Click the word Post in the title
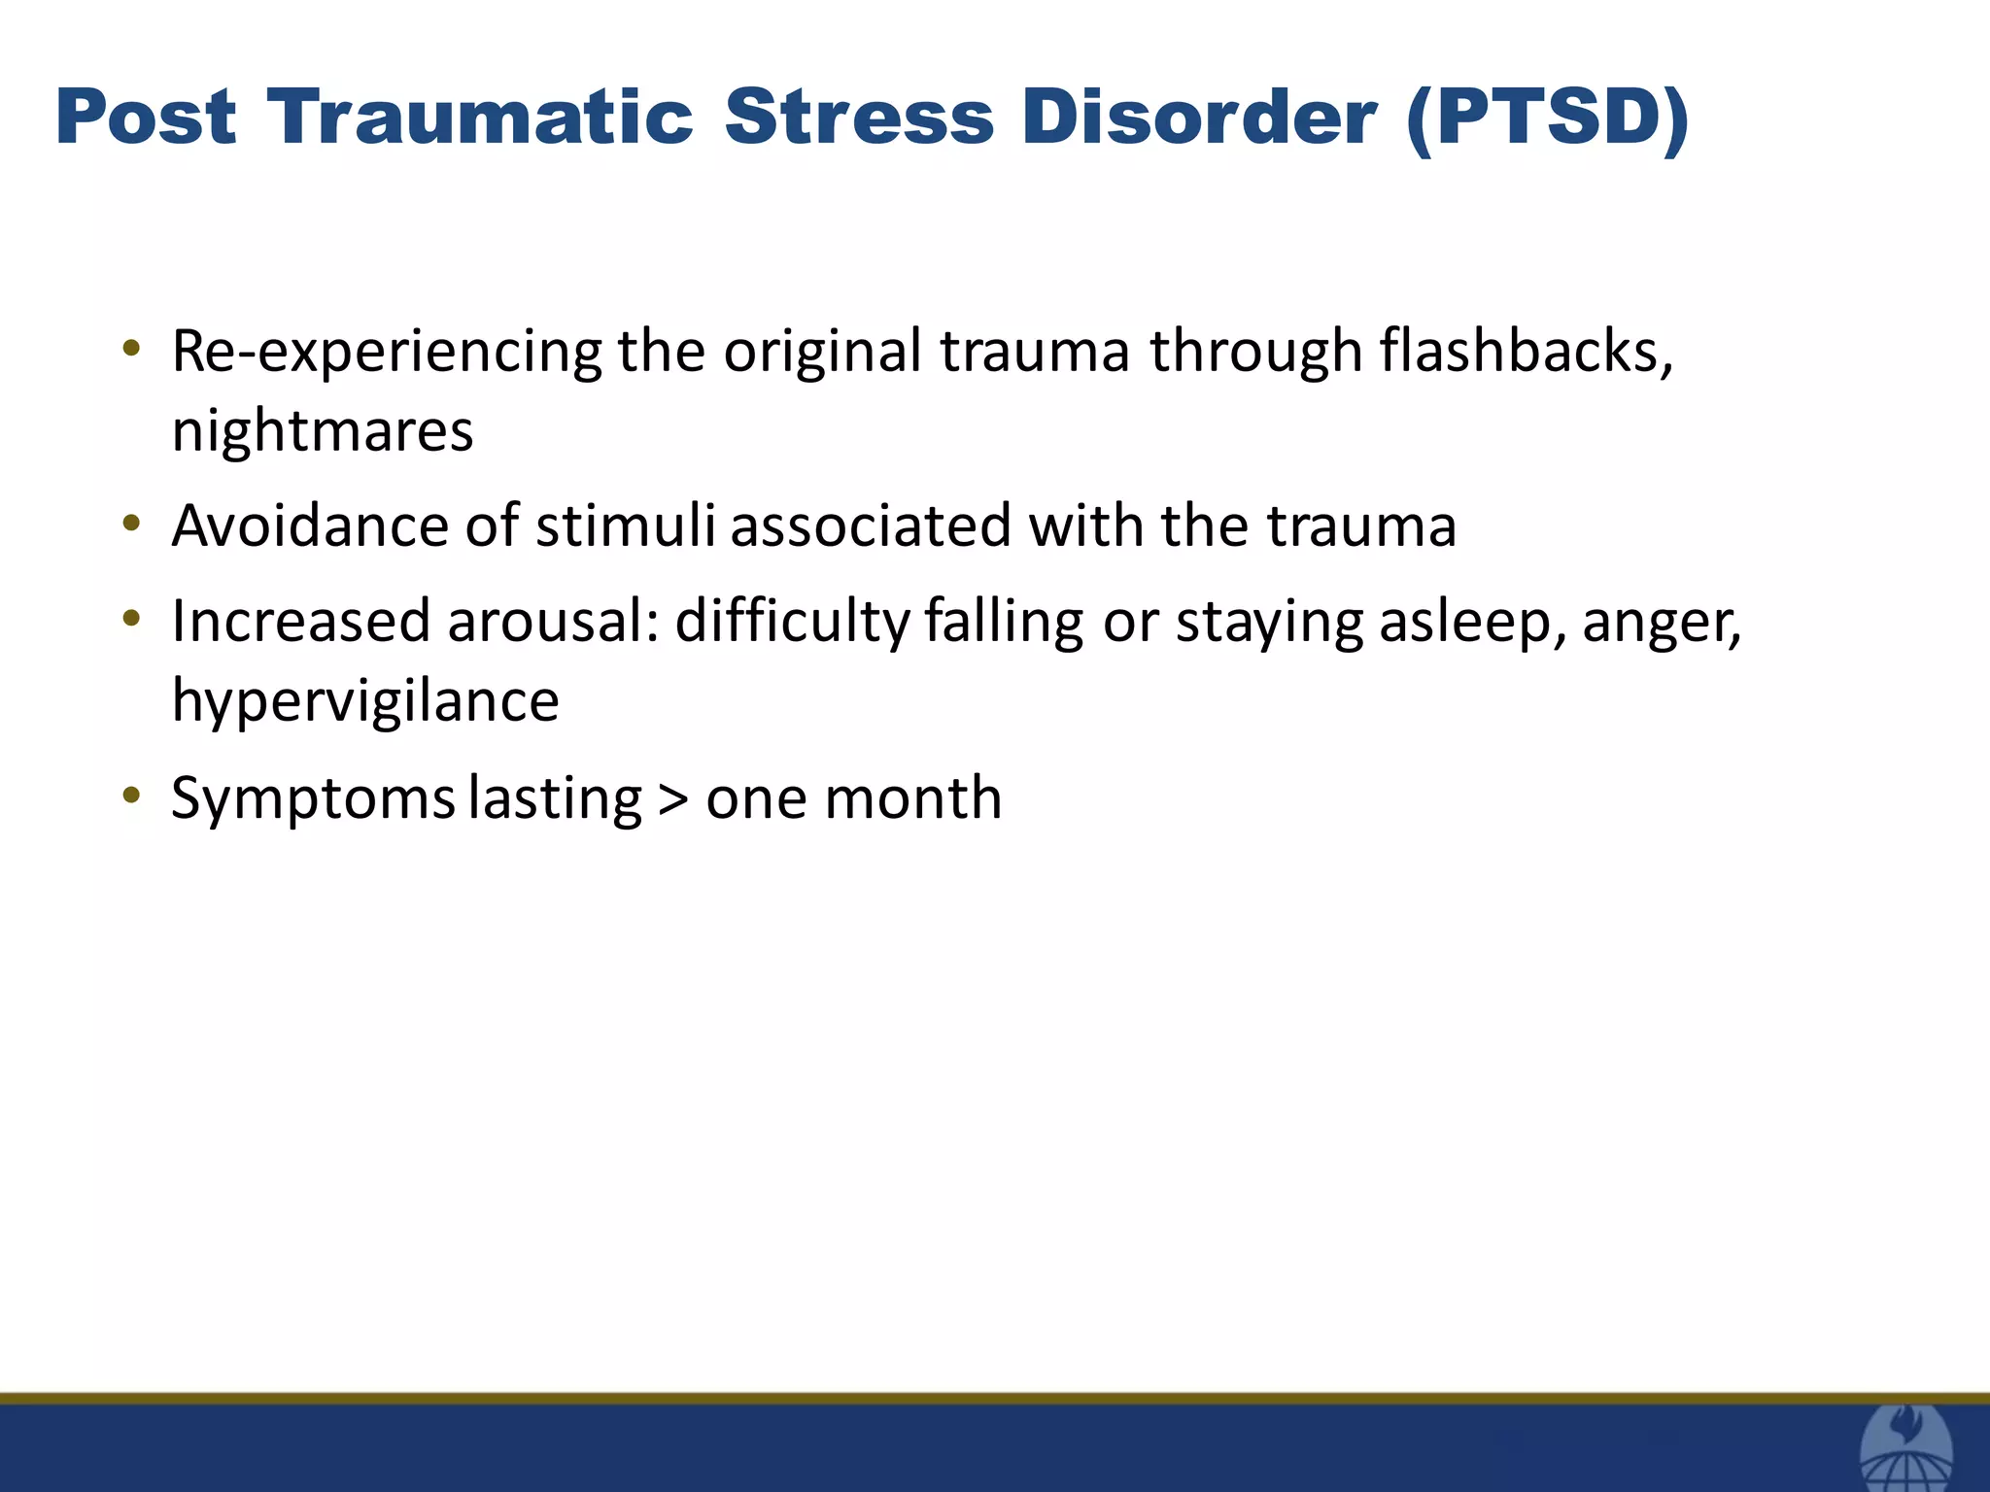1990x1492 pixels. click(146, 118)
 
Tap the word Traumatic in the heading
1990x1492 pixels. click(480, 118)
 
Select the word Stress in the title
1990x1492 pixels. click(859, 118)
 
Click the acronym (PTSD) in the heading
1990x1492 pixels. click(1547, 118)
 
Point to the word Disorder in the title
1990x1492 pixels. click(1199, 118)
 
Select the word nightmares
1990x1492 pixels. click(323, 431)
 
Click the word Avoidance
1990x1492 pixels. click(310, 526)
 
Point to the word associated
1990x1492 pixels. click(871, 526)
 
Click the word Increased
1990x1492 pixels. click(300, 621)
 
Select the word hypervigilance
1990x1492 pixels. click(365, 701)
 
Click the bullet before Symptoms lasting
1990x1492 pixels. click(132, 796)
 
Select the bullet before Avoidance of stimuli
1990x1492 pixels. click(132, 524)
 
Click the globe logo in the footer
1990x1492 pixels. click(1906, 1449)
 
